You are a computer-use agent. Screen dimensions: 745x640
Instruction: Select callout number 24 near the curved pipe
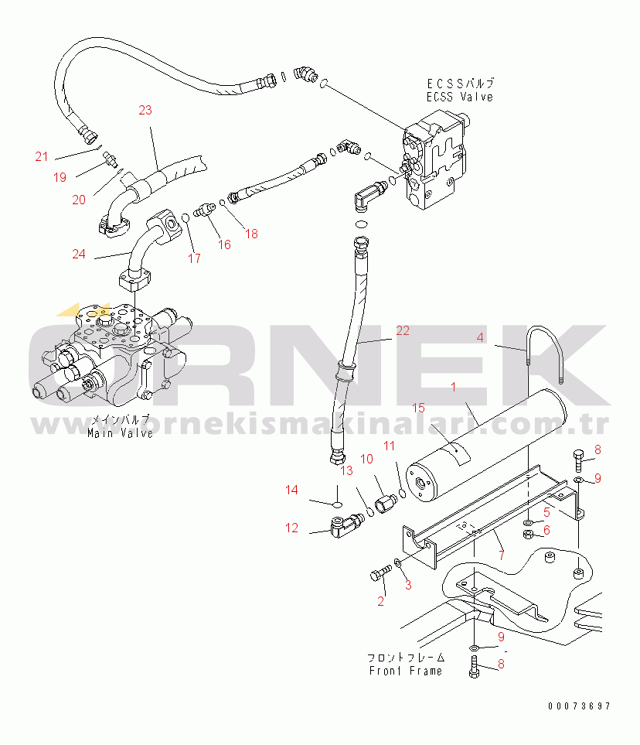point(79,253)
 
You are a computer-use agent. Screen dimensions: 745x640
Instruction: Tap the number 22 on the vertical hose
point(403,330)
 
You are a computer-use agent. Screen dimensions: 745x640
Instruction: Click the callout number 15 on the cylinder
point(418,408)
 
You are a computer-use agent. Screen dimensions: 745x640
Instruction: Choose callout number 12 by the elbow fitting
point(291,528)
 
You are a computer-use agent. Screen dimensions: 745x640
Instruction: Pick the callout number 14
point(291,489)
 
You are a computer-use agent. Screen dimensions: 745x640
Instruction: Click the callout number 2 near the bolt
point(381,600)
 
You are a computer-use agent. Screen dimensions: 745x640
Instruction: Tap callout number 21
point(42,156)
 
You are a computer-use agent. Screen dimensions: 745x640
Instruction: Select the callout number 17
point(194,258)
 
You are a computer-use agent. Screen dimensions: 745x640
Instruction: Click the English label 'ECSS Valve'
point(459,97)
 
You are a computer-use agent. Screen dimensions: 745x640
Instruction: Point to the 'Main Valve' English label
point(120,433)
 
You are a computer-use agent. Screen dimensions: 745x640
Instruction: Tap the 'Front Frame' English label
point(405,671)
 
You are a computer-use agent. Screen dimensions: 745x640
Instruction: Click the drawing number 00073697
point(580,706)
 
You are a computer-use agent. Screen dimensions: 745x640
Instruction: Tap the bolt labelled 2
point(379,575)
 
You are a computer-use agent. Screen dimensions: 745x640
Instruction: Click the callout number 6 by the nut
point(546,530)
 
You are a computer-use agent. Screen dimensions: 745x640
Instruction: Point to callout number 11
point(390,446)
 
